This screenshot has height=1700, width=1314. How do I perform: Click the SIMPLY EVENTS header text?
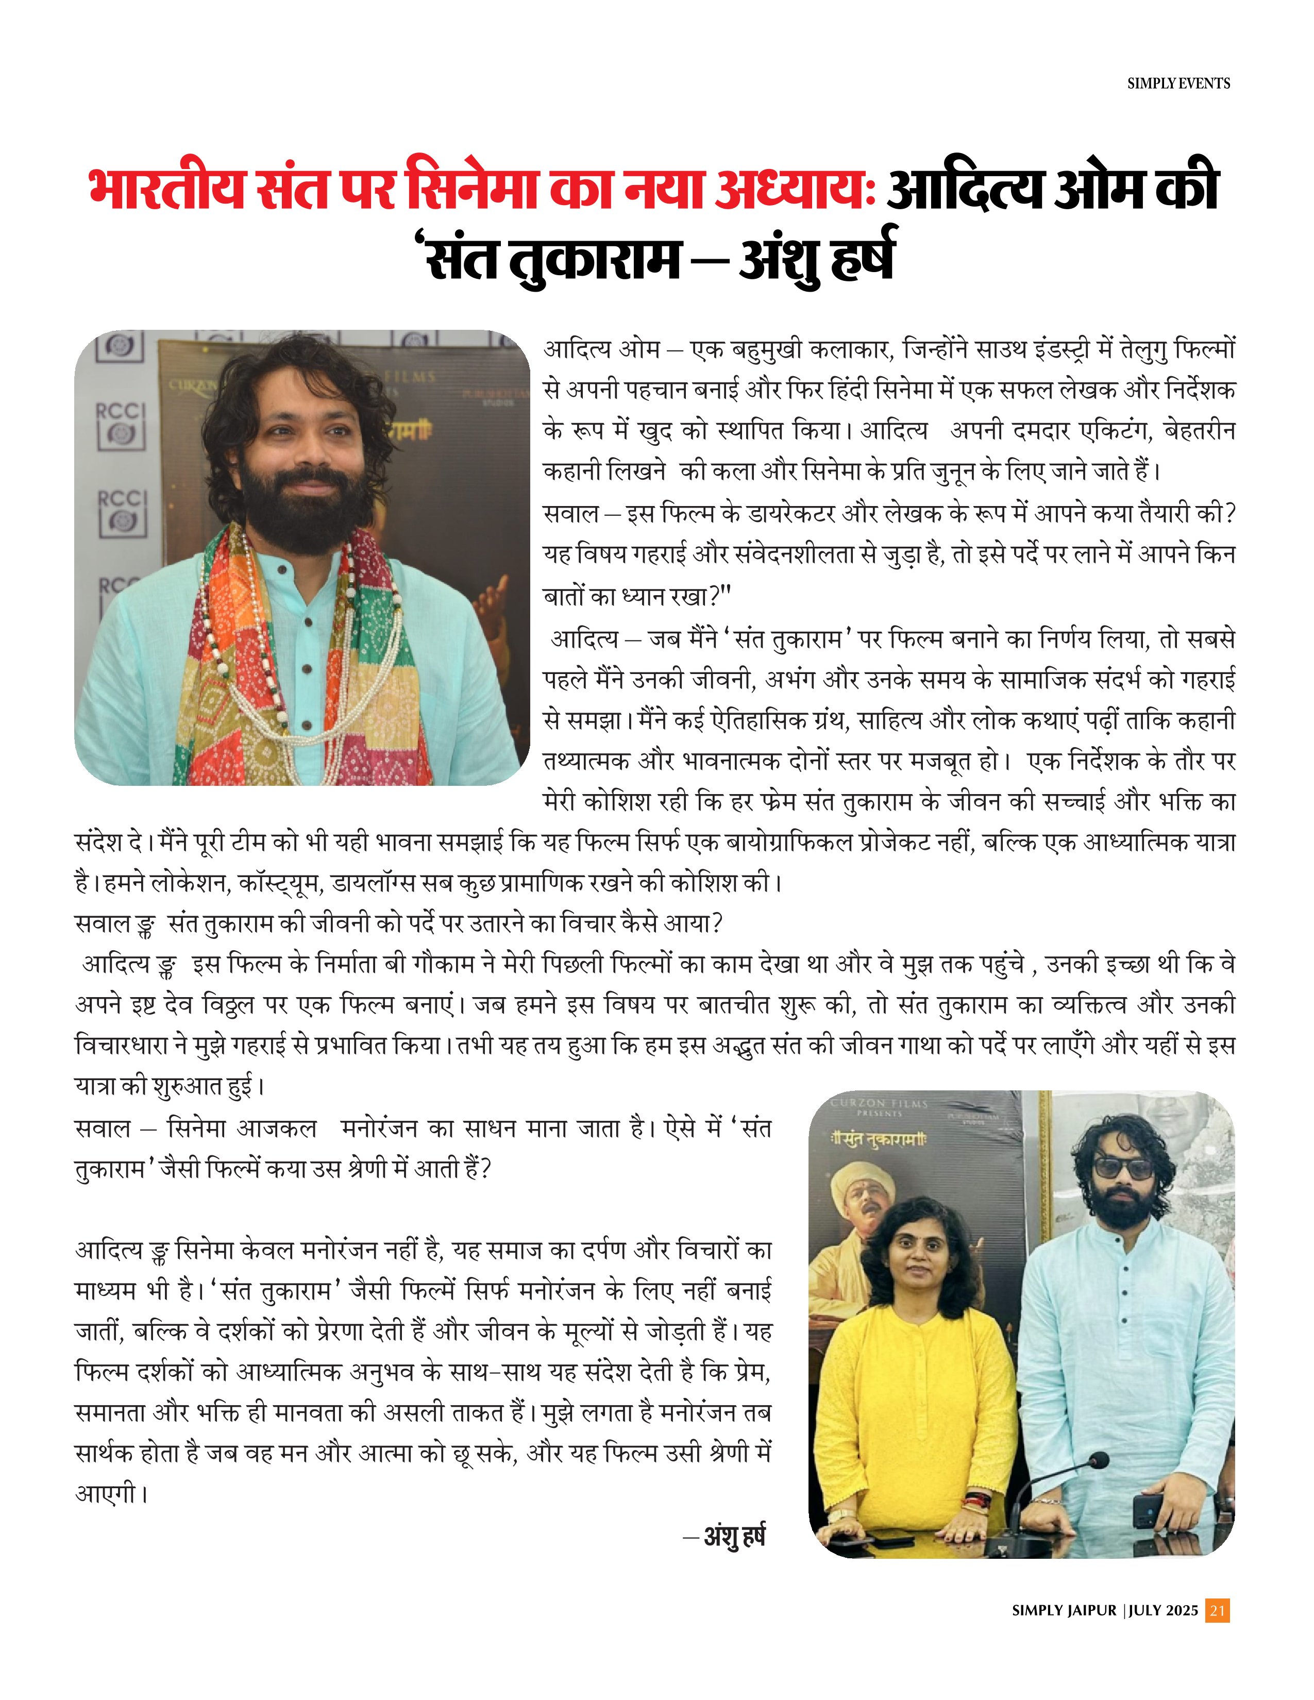pos(1178,83)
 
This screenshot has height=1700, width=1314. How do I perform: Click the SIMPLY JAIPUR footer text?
pos(1064,1610)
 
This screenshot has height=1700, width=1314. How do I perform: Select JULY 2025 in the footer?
pos(1163,1610)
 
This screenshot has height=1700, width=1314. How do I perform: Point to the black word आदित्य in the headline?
pos(964,189)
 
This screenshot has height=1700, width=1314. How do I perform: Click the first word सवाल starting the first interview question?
pos(570,514)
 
